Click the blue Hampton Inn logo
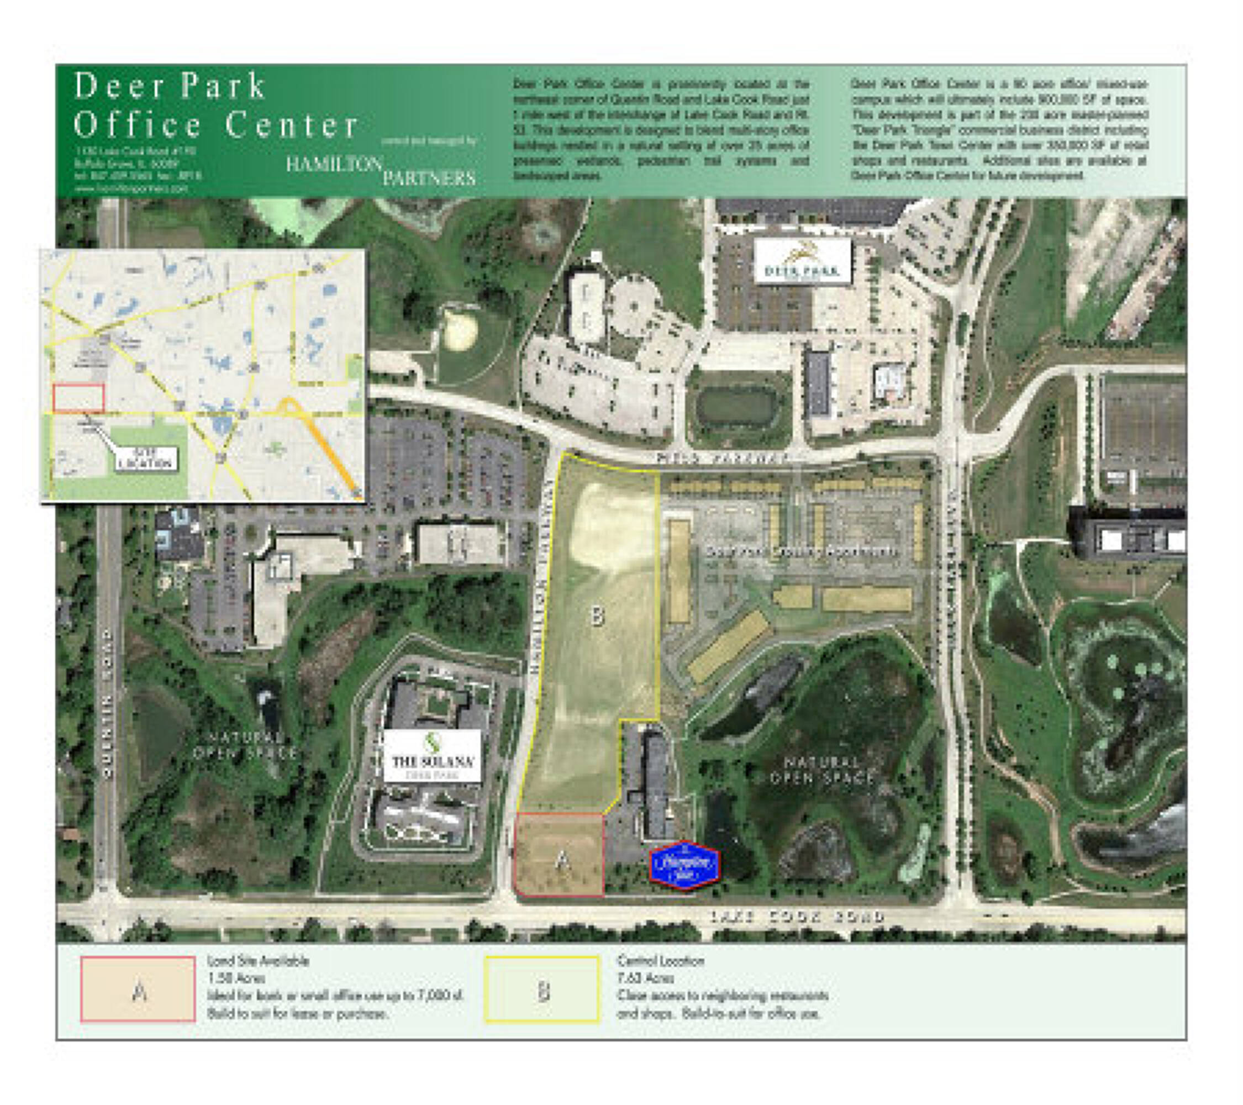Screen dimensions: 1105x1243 click(x=684, y=864)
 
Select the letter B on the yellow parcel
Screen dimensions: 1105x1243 click(x=597, y=617)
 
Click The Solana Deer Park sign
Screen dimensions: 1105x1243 click(x=432, y=759)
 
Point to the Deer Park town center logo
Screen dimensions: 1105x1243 click(x=802, y=261)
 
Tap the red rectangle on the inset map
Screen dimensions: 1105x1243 click(x=78, y=398)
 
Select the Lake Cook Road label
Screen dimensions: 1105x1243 click(x=797, y=917)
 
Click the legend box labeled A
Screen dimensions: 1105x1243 click(x=138, y=989)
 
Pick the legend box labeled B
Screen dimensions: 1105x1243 click(x=542, y=990)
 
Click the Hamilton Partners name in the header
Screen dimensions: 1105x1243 click(x=381, y=170)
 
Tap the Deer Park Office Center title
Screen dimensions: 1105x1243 click(x=216, y=104)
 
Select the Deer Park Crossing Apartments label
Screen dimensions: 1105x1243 click(x=801, y=552)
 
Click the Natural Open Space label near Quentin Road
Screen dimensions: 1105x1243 click(x=245, y=745)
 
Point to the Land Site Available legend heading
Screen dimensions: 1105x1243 click(x=259, y=961)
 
